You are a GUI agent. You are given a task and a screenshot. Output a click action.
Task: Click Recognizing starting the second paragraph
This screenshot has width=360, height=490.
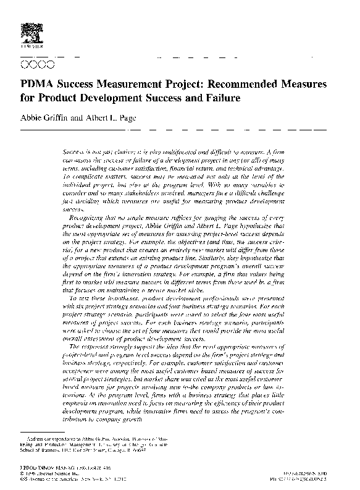[x=90, y=219]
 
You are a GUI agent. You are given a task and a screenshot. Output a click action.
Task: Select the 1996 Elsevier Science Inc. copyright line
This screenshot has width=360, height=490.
[x=51, y=475]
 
